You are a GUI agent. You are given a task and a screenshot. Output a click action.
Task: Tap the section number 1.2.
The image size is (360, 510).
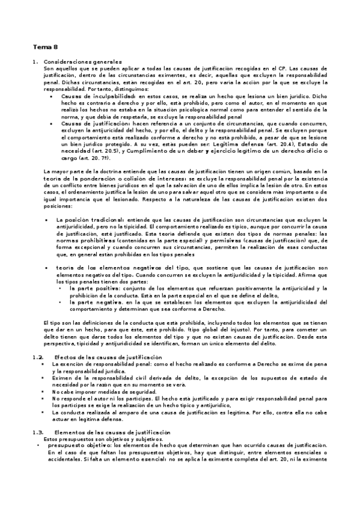point(38,357)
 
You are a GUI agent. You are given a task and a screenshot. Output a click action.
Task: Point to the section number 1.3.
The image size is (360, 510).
point(38,432)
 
